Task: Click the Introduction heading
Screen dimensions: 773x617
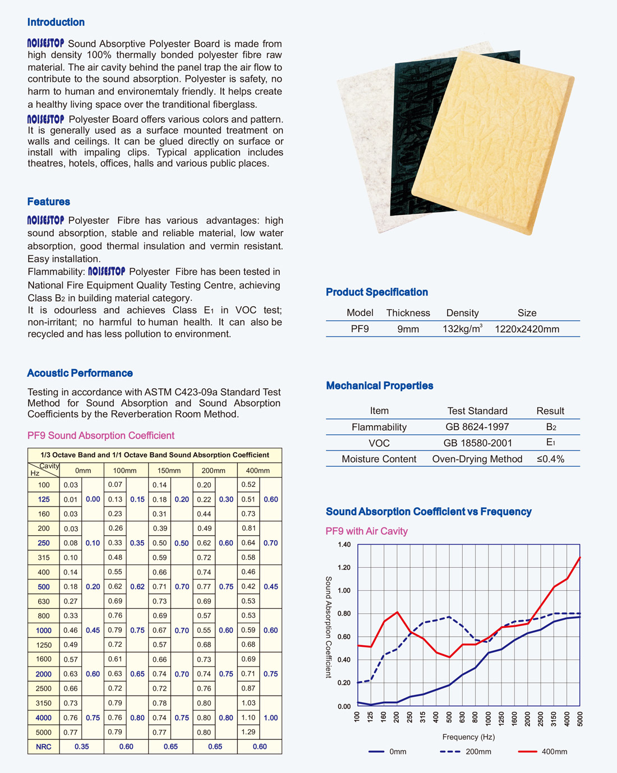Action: point(56,22)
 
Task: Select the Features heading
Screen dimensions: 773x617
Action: point(49,202)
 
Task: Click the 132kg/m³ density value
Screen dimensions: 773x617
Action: point(462,329)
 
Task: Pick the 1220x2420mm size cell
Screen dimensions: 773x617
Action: point(527,329)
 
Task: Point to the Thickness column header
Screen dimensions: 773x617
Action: point(408,313)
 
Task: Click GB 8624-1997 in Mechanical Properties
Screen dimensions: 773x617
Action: point(477,427)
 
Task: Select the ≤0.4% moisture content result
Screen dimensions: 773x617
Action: point(550,459)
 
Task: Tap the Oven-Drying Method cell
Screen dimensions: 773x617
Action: point(477,459)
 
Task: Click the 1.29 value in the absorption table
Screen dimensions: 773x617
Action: point(248,732)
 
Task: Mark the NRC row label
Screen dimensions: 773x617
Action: point(44,747)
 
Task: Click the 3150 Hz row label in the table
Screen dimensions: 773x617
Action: point(44,703)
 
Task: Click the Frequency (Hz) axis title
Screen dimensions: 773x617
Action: point(468,737)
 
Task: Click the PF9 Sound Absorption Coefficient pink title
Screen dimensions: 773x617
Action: point(101,436)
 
